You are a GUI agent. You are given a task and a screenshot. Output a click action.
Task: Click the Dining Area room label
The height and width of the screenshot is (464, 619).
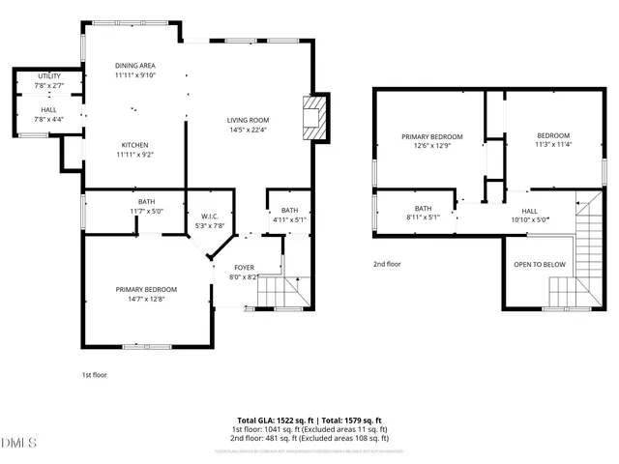[134, 65]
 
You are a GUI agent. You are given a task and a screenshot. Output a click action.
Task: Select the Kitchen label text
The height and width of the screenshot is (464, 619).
[134, 144]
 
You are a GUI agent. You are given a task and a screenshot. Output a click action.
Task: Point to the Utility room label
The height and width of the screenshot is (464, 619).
[48, 76]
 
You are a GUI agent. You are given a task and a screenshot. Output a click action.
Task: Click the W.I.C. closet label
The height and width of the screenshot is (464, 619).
[211, 217]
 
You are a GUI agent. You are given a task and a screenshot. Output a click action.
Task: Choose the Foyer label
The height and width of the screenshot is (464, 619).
[244, 267]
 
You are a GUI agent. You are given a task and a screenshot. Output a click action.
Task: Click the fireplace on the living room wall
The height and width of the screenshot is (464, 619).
[313, 117]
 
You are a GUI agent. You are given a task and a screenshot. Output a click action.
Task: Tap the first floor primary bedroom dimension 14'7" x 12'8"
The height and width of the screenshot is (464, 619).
[146, 299]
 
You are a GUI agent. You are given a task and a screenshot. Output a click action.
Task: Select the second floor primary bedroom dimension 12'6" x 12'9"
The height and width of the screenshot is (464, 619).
[432, 147]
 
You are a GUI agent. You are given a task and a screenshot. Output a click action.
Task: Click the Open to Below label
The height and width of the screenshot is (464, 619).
[539, 263]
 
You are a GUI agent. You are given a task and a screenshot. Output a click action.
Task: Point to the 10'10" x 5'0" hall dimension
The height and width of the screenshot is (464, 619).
[530, 220]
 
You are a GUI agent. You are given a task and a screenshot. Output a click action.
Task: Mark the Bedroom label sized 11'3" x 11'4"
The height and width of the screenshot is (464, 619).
[553, 135]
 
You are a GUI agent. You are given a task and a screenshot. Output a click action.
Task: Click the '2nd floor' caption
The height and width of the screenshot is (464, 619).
[387, 263]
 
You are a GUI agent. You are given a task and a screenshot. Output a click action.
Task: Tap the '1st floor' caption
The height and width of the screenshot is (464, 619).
[95, 373]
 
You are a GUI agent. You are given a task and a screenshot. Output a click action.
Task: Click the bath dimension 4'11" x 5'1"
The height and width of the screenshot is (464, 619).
[290, 219]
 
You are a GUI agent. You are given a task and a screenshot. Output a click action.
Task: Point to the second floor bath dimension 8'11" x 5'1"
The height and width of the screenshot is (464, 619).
[423, 217]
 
